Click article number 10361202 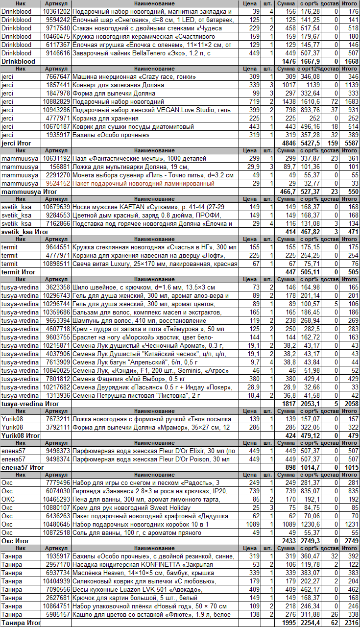[57, 11]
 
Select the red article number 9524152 [57, 183]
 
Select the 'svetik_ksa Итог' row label [24, 231]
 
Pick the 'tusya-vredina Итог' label [30, 404]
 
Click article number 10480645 [57, 524]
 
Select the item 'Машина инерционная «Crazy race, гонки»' [134, 77]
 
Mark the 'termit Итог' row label [19, 271]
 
